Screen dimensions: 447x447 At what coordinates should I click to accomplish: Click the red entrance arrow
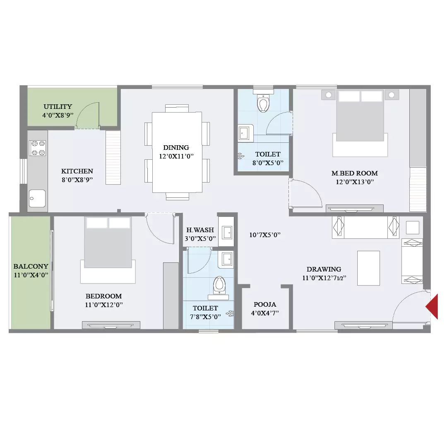(433, 307)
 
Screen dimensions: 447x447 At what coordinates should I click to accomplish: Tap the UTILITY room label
(58, 107)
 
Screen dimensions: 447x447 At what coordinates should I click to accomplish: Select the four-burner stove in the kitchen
(38, 148)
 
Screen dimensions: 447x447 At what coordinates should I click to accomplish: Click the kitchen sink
(37, 198)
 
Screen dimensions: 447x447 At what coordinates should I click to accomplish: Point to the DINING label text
(176, 147)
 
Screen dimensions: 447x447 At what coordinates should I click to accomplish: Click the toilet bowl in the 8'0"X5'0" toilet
(263, 103)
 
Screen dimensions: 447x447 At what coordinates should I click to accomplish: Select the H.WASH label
(200, 230)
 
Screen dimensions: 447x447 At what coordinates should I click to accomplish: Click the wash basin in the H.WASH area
(228, 233)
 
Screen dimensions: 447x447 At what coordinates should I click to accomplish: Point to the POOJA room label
(265, 304)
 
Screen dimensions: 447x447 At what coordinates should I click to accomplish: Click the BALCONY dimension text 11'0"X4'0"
(31, 275)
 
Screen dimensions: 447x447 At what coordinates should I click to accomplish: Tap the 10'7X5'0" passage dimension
(265, 235)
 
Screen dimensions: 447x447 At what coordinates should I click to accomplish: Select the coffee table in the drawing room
(368, 268)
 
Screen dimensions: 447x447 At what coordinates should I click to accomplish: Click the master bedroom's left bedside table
(328, 95)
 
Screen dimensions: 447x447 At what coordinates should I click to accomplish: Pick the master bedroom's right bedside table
(392, 95)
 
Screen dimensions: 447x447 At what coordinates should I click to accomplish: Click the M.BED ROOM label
(355, 173)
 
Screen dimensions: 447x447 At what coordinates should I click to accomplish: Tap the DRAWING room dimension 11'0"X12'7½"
(324, 278)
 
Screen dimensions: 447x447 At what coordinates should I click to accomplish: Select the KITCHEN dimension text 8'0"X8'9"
(77, 180)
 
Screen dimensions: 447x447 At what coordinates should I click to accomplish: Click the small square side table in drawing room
(413, 228)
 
